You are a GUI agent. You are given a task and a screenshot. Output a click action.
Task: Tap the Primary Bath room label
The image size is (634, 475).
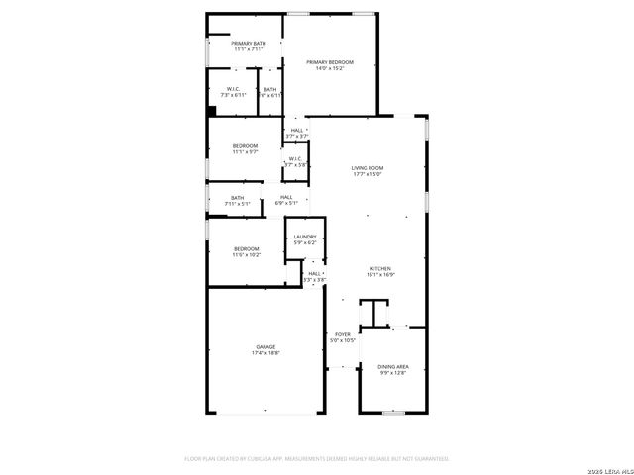pyautogui.click(x=249, y=44)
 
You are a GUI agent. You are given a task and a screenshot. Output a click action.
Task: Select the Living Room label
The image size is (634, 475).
pyautogui.click(x=367, y=168)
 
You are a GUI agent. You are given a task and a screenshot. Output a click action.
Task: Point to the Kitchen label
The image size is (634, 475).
pyautogui.click(x=381, y=268)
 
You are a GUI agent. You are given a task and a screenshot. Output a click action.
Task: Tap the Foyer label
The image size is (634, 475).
pyautogui.click(x=343, y=334)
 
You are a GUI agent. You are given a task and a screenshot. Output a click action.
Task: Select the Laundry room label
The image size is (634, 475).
pyautogui.click(x=305, y=237)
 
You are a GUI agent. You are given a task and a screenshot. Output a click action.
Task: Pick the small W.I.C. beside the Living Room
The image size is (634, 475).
pyautogui.click(x=295, y=158)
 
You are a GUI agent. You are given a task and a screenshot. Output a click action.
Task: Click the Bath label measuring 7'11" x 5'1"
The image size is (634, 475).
pyautogui.click(x=238, y=198)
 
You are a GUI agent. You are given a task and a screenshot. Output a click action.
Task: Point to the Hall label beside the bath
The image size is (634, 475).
pyautogui.click(x=286, y=197)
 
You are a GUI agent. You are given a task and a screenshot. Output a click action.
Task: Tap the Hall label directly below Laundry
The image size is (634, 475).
pyautogui.click(x=314, y=273)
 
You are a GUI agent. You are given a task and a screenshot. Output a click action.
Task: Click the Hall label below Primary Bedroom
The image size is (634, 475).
pyautogui.click(x=296, y=130)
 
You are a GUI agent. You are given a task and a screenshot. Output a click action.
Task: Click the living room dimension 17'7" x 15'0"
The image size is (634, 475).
pyautogui.click(x=367, y=175)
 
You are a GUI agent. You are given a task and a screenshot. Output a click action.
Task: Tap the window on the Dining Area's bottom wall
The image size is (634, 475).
pyautogui.click(x=394, y=412)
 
